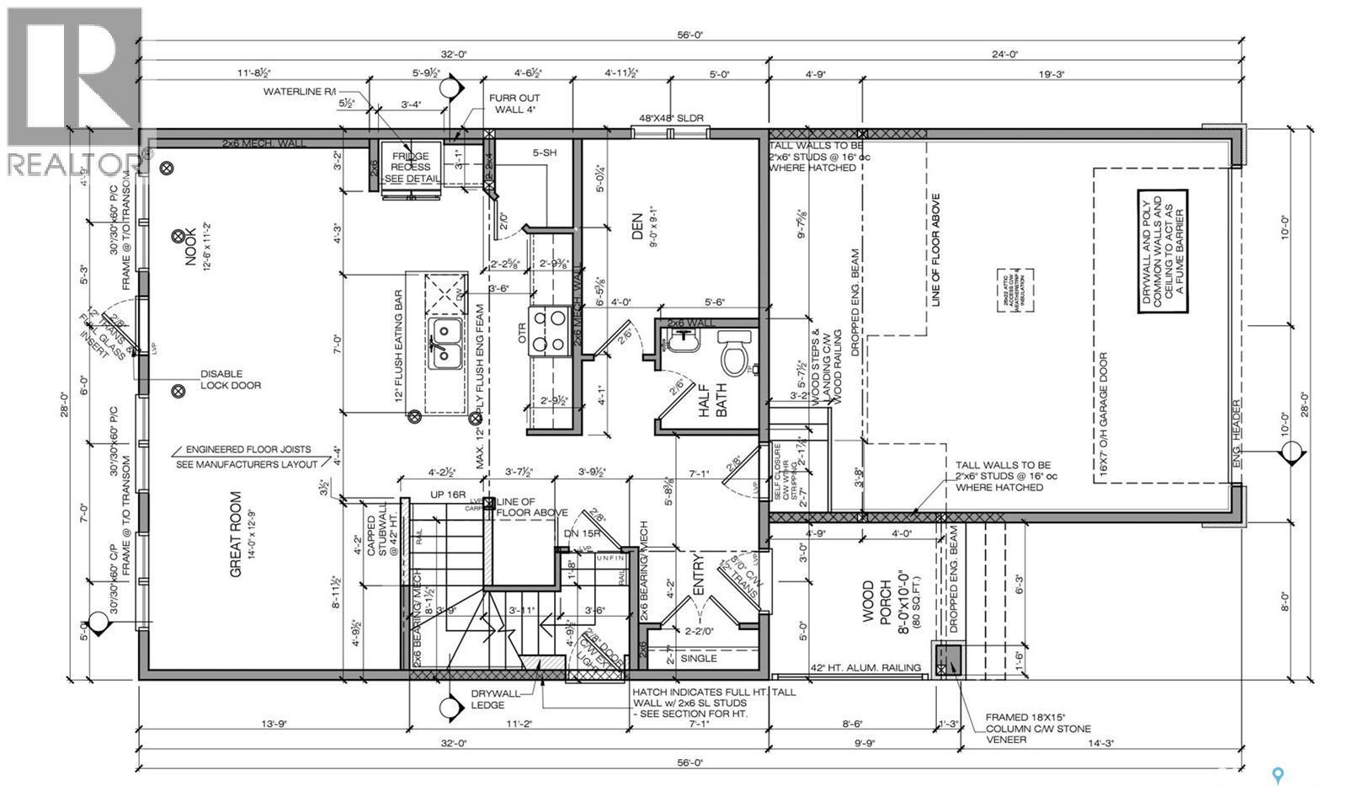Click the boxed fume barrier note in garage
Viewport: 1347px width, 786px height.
pyautogui.click(x=1162, y=251)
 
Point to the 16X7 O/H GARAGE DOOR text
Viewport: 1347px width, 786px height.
pyautogui.click(x=1103, y=414)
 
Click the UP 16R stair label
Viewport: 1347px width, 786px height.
pyautogui.click(x=448, y=495)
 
